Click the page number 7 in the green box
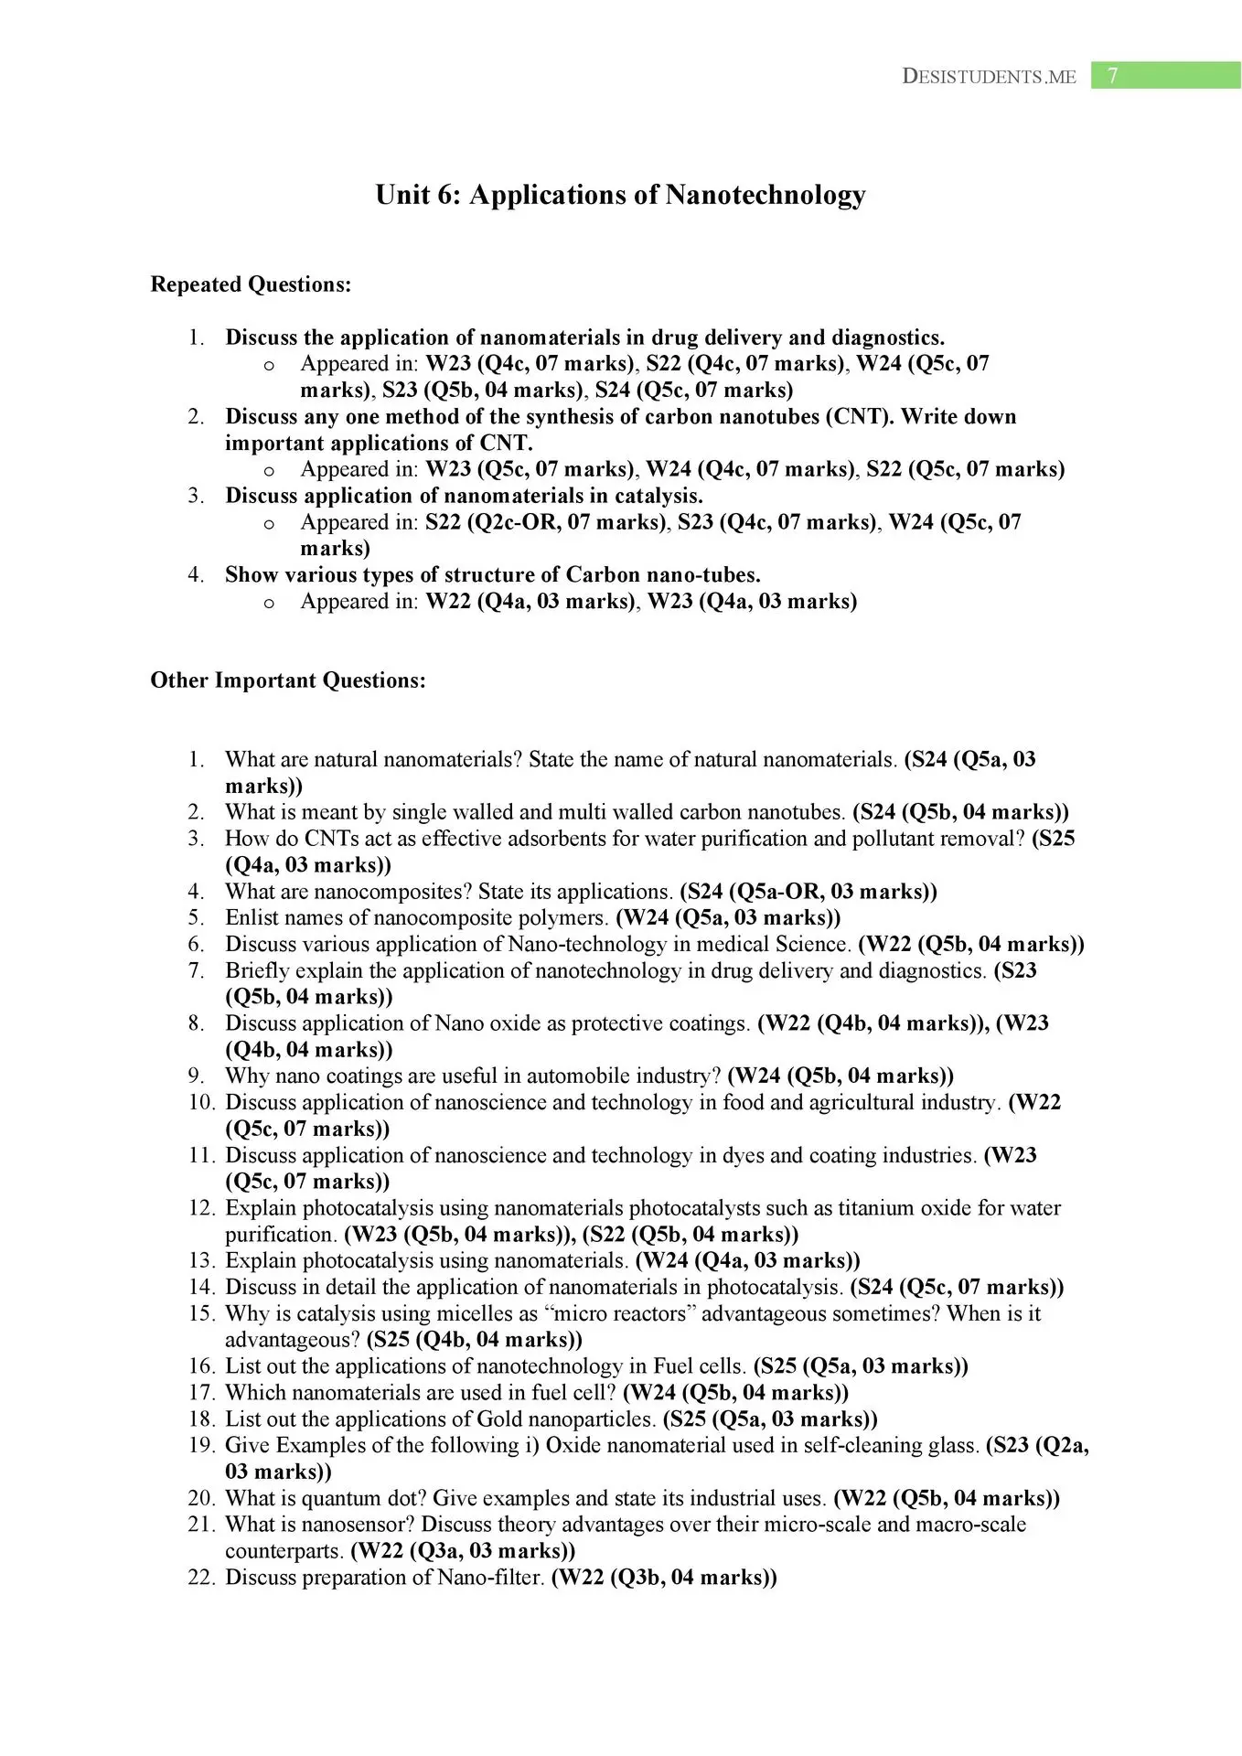[x=1112, y=76]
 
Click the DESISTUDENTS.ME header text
[x=989, y=77]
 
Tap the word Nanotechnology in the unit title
[x=765, y=195]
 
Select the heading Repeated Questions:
[x=251, y=284]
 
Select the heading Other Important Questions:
[x=288, y=680]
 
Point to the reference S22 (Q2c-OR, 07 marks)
[x=545, y=522]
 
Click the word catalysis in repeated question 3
[x=657, y=496]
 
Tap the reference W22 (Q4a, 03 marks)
[x=530, y=602]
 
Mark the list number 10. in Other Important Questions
[x=201, y=1103]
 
